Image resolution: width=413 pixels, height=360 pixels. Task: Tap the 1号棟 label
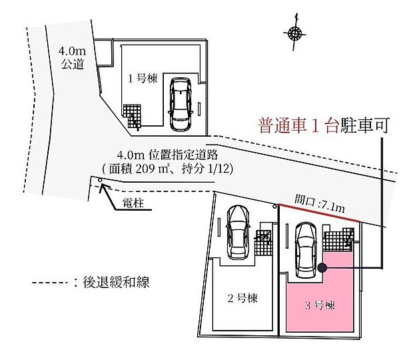tap(143, 78)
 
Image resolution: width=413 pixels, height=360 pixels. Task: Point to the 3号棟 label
tap(320, 306)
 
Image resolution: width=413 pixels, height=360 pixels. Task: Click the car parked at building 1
tap(180, 105)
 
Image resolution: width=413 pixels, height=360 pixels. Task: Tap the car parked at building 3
tap(305, 251)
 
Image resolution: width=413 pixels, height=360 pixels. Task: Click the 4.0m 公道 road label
tap(71, 57)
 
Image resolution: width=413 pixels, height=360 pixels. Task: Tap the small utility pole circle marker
tap(100, 179)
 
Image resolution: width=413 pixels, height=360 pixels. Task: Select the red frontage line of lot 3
tap(318, 214)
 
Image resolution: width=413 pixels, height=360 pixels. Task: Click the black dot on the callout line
tap(322, 269)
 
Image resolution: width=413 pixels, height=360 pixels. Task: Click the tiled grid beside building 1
tap(133, 116)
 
